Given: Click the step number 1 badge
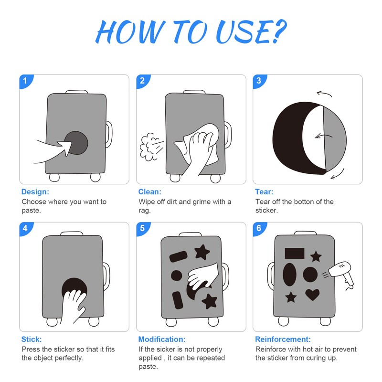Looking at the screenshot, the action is [x=25, y=81].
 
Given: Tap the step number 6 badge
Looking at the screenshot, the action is [x=259, y=228].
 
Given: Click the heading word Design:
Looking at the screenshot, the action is [x=35, y=192].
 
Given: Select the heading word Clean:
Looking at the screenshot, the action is [x=149, y=192].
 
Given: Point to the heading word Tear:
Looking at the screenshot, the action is [x=264, y=192].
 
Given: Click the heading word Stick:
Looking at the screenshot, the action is [x=32, y=339].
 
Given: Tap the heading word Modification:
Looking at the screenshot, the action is [x=162, y=339].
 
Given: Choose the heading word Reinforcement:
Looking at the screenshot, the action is [x=283, y=339].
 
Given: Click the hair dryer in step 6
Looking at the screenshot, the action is [x=341, y=274].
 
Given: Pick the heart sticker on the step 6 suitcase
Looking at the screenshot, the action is [x=312, y=294].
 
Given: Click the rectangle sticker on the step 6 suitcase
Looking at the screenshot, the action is [x=295, y=254].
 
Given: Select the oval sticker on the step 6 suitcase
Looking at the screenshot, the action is [x=289, y=274].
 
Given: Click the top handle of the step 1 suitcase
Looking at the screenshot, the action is [x=77, y=92].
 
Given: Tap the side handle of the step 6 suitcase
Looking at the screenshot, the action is [x=271, y=276].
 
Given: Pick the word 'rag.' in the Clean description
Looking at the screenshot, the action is [x=145, y=210].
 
